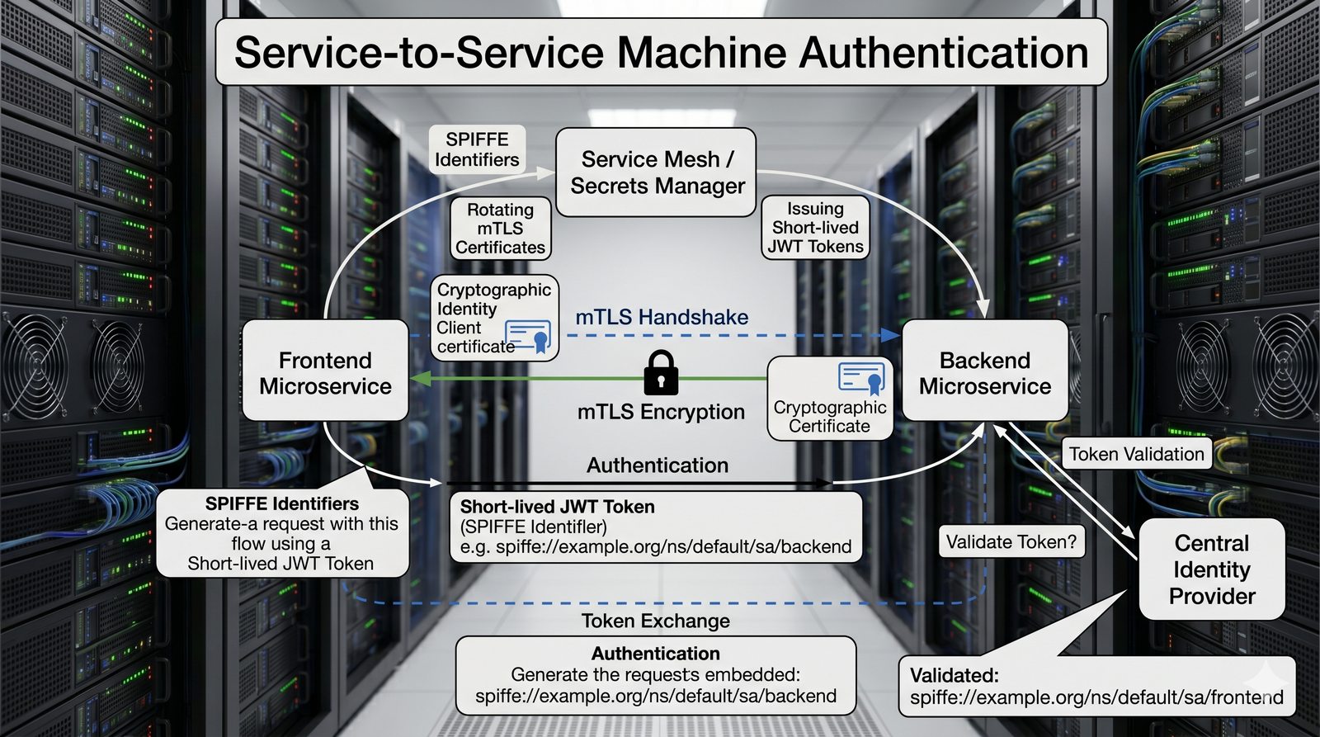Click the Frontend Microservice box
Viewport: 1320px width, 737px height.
coord(325,372)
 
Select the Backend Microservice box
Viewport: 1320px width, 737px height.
coord(985,372)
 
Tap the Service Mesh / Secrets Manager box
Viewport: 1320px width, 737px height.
coord(657,172)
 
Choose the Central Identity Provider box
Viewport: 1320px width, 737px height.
coord(1212,569)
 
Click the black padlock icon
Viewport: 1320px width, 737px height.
coord(661,372)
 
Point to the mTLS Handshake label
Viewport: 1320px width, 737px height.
coord(662,317)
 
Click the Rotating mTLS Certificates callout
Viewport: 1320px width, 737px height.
coord(500,229)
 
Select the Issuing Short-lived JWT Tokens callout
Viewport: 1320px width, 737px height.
coord(815,228)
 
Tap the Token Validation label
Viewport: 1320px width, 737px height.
coord(1136,454)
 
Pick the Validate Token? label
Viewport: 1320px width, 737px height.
coord(1011,542)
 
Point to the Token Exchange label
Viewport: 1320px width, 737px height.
coord(656,621)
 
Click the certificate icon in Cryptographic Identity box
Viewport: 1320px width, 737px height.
coord(529,336)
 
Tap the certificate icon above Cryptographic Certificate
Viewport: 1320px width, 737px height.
coord(862,377)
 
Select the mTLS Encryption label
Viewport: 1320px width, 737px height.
coord(661,412)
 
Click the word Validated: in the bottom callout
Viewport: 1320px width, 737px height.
coord(954,675)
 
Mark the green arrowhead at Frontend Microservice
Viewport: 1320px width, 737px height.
coord(419,379)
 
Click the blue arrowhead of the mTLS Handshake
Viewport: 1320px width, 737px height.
coord(891,335)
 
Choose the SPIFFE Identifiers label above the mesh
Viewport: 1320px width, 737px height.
coord(477,149)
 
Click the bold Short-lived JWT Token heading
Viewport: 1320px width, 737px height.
coord(557,507)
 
